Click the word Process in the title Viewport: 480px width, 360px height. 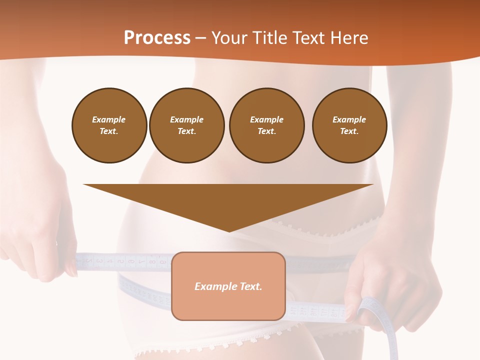157,38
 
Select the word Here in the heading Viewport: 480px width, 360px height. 349,38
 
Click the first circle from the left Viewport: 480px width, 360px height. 109,125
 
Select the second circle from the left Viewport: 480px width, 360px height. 187,125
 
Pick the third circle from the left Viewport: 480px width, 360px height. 266,125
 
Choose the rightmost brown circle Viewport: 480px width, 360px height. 349,125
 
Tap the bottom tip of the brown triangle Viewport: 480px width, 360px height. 228,231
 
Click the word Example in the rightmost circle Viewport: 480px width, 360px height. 349,119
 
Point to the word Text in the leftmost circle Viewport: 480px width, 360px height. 109,131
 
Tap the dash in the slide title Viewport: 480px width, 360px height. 201,38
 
